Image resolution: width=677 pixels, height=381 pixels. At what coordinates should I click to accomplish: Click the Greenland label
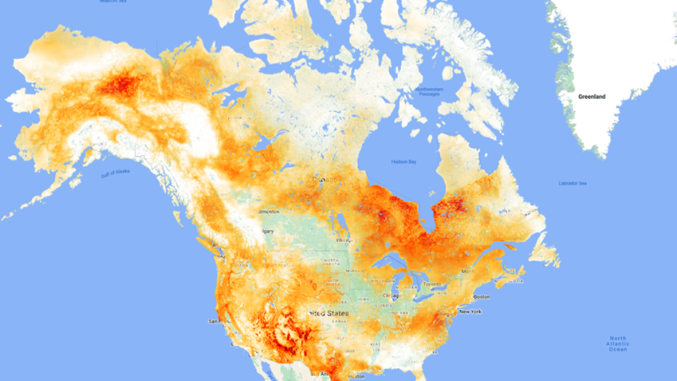pos(592,97)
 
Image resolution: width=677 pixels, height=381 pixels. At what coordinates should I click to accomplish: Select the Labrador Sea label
pos(573,184)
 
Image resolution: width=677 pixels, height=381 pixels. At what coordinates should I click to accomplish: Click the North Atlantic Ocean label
pos(618,343)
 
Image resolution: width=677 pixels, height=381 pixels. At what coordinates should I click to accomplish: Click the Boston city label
pos(481,296)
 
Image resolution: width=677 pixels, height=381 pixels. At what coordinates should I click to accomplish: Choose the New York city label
pos(470,311)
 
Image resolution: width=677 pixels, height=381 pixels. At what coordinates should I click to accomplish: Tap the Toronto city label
pos(431,284)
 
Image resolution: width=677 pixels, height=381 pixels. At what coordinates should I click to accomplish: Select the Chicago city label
pos(391,296)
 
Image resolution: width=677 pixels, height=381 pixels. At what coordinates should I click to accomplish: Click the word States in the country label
pos(336,314)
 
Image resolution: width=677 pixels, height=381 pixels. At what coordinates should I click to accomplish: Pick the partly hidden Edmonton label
pos(269,212)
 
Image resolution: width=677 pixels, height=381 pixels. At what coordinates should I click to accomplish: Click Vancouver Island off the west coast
pos(201,244)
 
